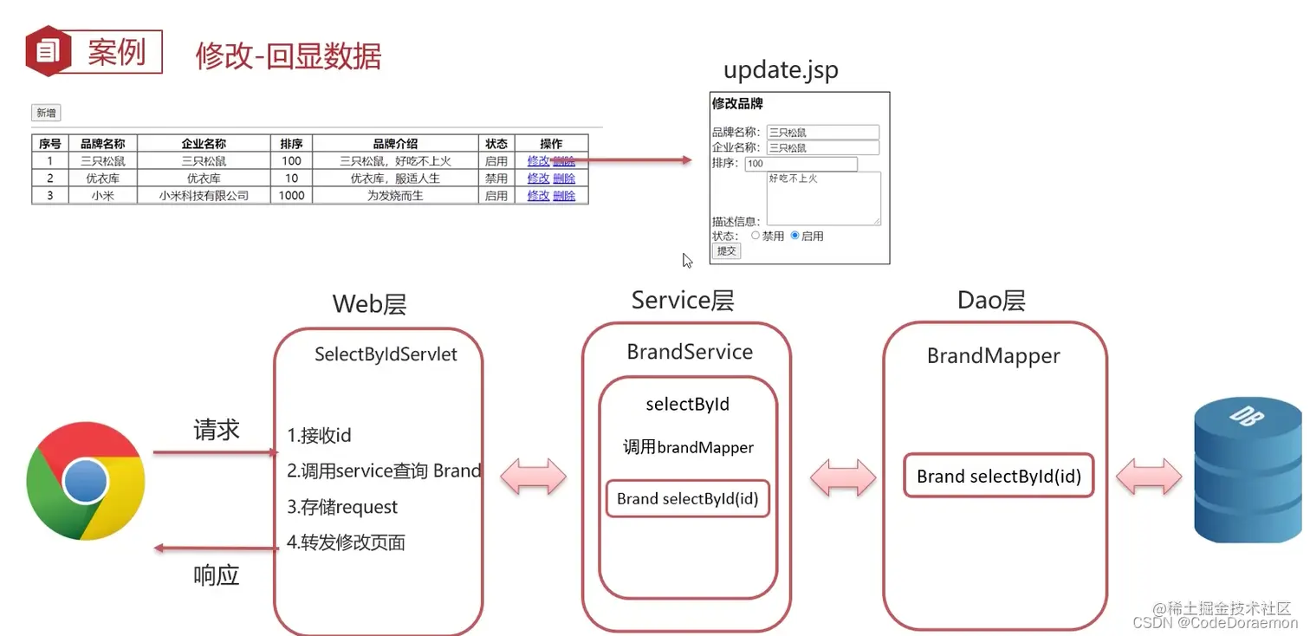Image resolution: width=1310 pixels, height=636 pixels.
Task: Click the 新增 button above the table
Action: [x=46, y=113]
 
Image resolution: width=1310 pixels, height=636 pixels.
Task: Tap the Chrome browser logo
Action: [x=85, y=481]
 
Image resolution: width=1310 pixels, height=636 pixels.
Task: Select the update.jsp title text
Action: [x=781, y=69]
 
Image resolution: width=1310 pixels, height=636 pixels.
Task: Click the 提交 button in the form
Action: [x=726, y=251]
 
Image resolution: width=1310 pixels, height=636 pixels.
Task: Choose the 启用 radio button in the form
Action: [x=794, y=235]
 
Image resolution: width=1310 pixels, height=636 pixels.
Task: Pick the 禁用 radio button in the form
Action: [x=756, y=235]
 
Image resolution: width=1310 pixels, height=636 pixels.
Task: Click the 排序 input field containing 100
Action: [x=801, y=164]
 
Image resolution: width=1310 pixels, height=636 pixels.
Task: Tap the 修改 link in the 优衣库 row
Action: [x=538, y=178]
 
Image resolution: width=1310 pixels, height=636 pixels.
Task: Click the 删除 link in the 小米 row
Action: [x=564, y=196]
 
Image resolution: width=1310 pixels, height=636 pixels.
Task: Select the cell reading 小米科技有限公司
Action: [x=204, y=196]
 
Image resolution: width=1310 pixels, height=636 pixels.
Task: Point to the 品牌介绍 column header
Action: [x=395, y=144]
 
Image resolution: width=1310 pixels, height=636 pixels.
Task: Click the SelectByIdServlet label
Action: [x=386, y=354]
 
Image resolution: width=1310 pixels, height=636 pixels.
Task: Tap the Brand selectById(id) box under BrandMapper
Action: [x=998, y=476]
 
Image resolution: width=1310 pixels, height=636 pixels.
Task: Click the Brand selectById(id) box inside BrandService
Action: [x=687, y=498]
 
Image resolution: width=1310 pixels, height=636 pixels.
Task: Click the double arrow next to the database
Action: [x=1148, y=477]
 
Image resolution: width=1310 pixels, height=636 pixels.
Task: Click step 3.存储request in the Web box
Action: [x=343, y=507]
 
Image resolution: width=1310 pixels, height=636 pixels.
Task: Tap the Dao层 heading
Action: [x=991, y=301]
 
